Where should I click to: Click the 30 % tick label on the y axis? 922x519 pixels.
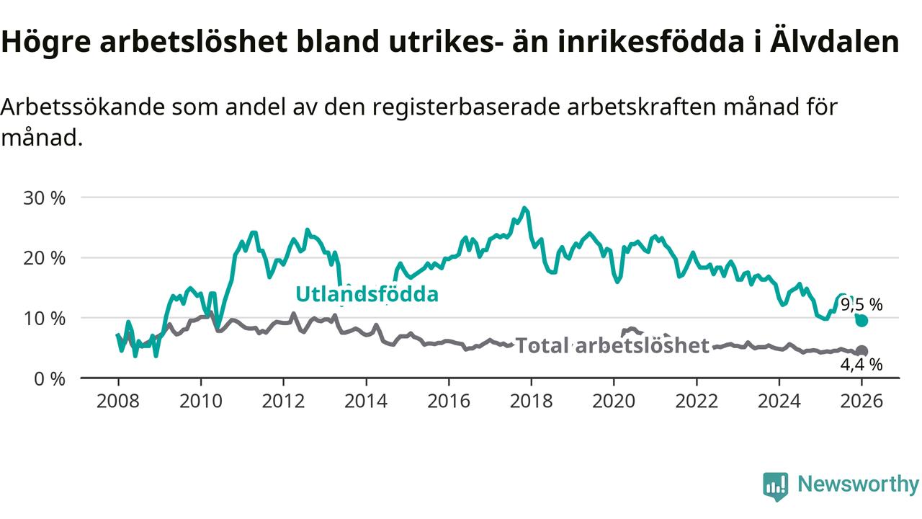(x=45, y=198)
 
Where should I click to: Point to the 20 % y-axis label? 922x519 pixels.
(x=45, y=258)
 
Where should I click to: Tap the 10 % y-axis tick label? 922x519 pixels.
(x=45, y=318)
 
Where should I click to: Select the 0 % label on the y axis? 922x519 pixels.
(x=50, y=378)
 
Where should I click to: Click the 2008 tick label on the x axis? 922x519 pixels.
(x=118, y=401)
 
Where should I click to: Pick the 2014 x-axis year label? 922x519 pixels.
(x=366, y=401)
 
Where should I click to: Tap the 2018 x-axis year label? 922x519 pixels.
(x=531, y=401)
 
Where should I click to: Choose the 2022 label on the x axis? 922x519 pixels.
(x=697, y=401)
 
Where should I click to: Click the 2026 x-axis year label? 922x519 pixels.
(x=861, y=401)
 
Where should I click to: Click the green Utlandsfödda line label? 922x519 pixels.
(x=367, y=294)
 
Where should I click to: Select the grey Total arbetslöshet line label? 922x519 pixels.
(x=612, y=346)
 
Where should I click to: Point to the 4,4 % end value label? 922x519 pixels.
(x=861, y=365)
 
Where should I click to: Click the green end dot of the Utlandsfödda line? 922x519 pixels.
(x=861, y=321)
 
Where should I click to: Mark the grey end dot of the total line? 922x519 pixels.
(x=861, y=351)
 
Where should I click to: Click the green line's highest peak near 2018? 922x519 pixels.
(x=524, y=208)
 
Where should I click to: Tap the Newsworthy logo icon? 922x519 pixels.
(x=775, y=487)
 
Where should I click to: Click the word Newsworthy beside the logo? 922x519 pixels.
(x=858, y=484)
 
